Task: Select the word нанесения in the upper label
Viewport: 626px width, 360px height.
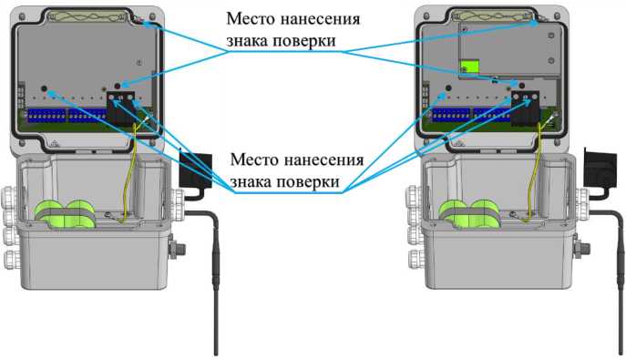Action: click(x=321, y=19)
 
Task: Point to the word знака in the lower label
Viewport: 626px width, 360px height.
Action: click(x=250, y=182)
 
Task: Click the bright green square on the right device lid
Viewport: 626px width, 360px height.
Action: click(x=469, y=67)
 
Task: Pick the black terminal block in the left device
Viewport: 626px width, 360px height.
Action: click(x=120, y=108)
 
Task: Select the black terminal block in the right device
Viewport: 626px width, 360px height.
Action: click(x=525, y=108)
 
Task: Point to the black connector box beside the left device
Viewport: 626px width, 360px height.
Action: click(x=195, y=170)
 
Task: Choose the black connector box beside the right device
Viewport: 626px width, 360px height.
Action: click(x=600, y=169)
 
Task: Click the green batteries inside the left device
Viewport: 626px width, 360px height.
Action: click(x=65, y=214)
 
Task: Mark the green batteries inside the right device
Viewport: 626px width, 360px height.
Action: click(x=469, y=214)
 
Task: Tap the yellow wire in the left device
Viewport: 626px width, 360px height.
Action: click(x=129, y=171)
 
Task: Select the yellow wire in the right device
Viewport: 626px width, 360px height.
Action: click(x=534, y=171)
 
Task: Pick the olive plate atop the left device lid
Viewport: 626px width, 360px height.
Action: click(x=87, y=16)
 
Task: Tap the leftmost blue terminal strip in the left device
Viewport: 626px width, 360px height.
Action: click(x=46, y=116)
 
